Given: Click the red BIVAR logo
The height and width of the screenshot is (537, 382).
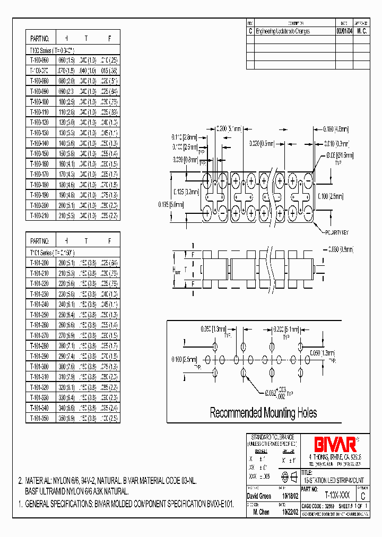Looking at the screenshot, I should (329, 443).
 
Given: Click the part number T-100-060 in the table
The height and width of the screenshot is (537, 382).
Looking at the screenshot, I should (40, 61).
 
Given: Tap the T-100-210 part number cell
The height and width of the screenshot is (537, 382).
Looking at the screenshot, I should (40, 216).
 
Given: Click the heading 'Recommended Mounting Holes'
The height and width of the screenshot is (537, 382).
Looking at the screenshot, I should (264, 413).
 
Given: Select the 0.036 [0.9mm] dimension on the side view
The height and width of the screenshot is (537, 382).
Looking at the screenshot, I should (341, 248).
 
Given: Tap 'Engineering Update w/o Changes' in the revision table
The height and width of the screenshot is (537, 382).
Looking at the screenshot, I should (283, 31).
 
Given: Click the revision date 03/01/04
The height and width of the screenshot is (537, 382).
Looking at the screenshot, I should (344, 31).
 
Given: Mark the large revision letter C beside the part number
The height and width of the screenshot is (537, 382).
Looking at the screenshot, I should (362, 497).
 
